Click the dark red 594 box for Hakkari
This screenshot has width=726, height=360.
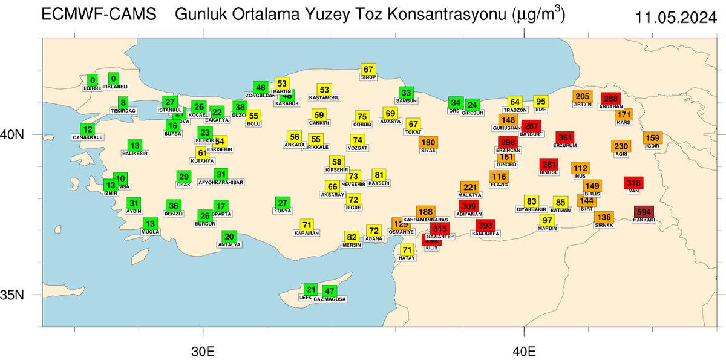[644, 212]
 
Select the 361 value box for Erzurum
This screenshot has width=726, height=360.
[565, 137]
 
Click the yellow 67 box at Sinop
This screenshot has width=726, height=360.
[368, 69]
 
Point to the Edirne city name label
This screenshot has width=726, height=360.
[92, 88]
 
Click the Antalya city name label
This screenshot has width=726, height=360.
[229, 244]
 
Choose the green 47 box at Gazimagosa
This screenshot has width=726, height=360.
[330, 291]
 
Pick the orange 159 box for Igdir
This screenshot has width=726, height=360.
[652, 137]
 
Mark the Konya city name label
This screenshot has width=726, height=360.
[283, 211]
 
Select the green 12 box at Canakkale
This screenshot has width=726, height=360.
[88, 129]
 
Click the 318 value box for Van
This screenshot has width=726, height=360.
[633, 183]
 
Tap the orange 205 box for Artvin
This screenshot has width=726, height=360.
[583, 96]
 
